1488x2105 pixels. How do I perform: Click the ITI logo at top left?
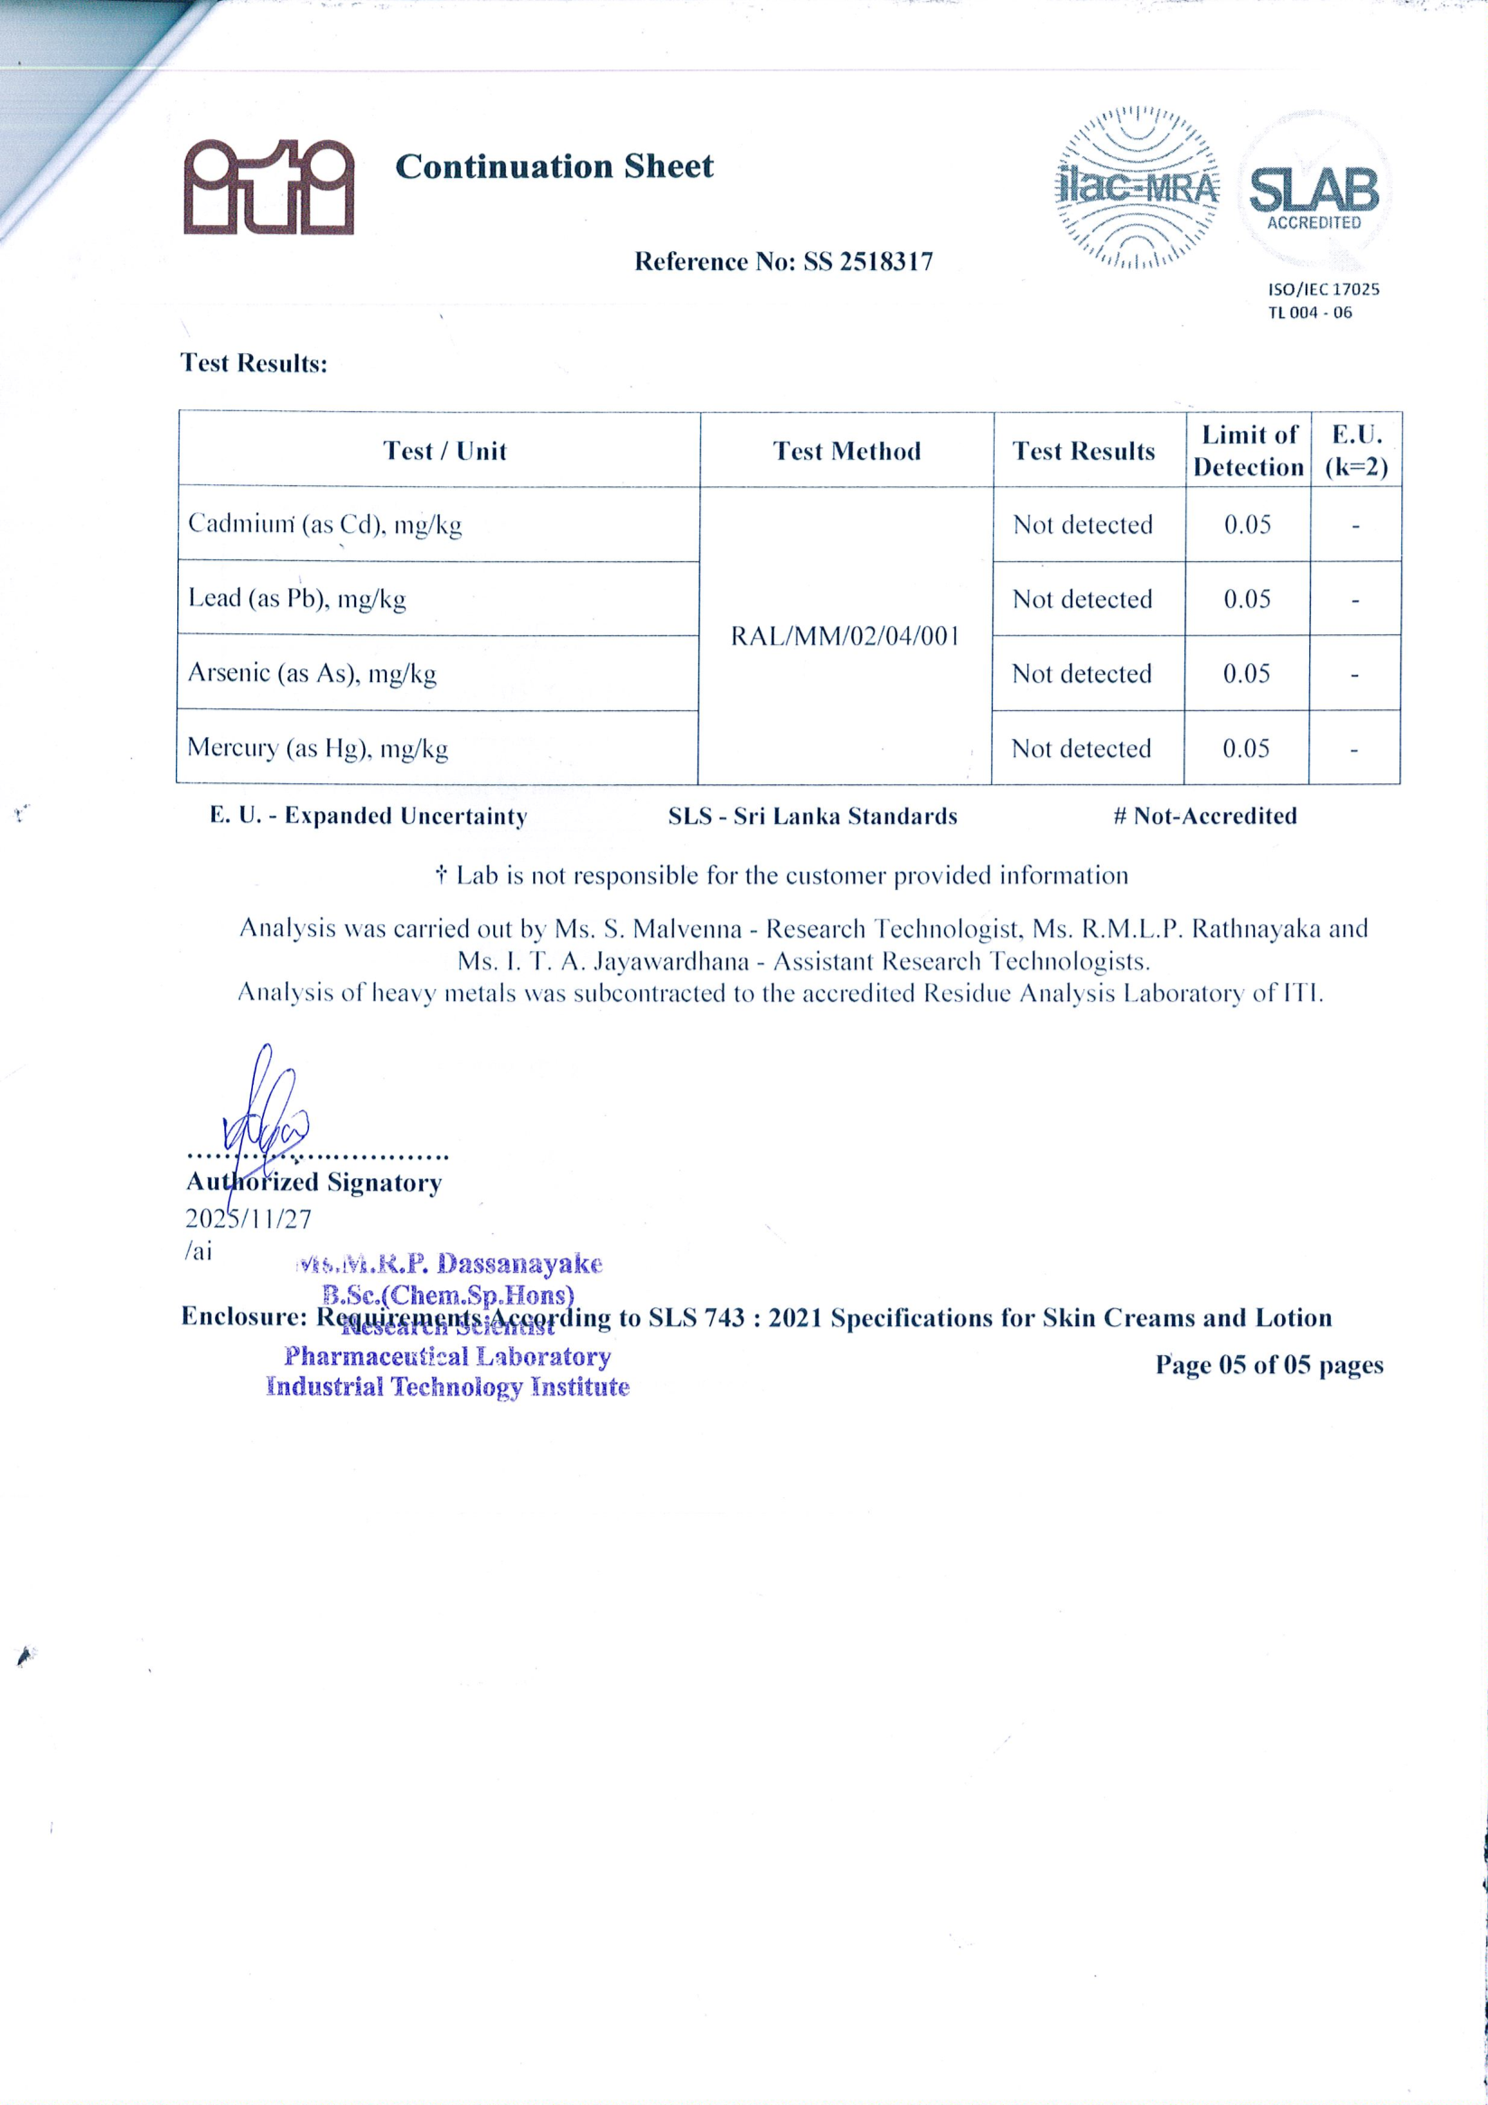coord(268,187)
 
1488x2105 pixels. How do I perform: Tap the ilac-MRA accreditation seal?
coord(1137,189)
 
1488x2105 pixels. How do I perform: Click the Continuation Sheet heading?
coord(554,167)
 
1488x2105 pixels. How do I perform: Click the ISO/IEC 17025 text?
coord(1323,290)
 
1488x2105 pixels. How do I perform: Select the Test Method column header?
coord(847,451)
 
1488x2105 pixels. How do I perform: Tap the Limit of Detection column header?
coord(1248,451)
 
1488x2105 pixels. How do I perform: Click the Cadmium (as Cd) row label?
coord(324,524)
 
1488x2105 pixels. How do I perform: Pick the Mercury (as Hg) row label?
coord(317,749)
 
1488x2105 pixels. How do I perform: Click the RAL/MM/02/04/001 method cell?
coord(845,636)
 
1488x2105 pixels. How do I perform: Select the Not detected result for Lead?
coord(1081,600)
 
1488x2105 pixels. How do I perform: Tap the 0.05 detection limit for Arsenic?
coord(1246,675)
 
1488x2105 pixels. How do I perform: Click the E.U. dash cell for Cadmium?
coord(1355,526)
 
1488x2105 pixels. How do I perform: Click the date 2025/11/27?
coord(248,1220)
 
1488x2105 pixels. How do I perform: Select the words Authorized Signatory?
coord(314,1183)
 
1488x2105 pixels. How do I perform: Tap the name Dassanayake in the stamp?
coord(519,1264)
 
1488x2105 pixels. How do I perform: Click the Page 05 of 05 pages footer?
coord(1268,1365)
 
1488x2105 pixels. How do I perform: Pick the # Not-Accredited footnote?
coord(1204,816)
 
